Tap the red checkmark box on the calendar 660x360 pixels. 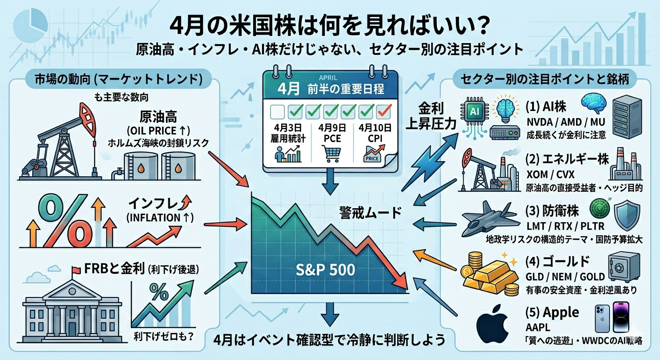(385, 111)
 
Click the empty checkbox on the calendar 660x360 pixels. (278, 112)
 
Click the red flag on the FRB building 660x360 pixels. (75, 270)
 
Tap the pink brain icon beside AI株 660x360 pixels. (594, 102)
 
